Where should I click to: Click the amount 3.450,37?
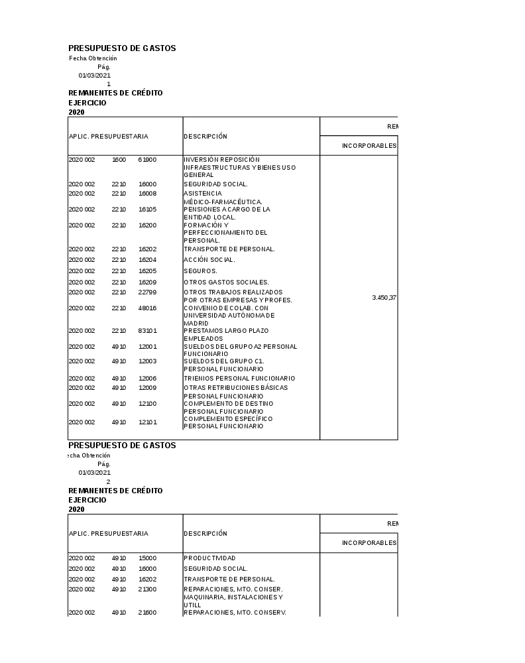[x=384, y=298]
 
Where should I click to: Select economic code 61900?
[x=147, y=160]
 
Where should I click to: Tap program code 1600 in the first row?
[x=119, y=160]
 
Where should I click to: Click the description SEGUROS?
[x=200, y=271]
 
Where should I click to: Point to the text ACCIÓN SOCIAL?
[x=209, y=260]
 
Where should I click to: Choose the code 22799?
[x=147, y=292]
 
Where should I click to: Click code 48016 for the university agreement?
[x=147, y=308]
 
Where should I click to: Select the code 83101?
[x=147, y=331]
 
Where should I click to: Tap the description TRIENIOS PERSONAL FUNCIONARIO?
[x=239, y=379]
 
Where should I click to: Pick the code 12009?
[x=147, y=388]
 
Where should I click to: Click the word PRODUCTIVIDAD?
[x=209, y=558]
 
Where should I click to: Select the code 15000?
[x=147, y=558]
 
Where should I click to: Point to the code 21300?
[x=147, y=589]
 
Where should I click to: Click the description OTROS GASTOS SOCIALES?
[x=226, y=282]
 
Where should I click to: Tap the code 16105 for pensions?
[x=147, y=210]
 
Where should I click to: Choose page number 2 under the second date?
[x=109, y=482]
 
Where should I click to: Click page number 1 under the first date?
[x=109, y=84]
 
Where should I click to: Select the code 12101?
[x=147, y=422]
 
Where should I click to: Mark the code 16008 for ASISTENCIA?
[x=147, y=194]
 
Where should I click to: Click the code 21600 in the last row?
[x=147, y=613]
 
